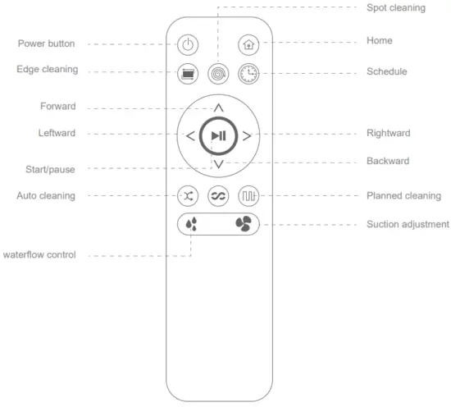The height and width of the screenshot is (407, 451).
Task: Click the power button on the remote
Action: [x=188, y=46]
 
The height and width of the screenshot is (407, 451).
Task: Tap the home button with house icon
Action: [x=248, y=46]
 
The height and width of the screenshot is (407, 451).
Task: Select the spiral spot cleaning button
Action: [x=217, y=73]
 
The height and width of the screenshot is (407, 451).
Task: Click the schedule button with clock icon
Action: [x=248, y=73]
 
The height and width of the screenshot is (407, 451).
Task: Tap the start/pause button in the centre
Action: [x=218, y=135]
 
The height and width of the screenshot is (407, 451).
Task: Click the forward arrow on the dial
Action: [x=218, y=108]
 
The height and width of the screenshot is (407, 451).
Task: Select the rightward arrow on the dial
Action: [x=247, y=136]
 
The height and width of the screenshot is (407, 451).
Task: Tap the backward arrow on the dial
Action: [x=218, y=164]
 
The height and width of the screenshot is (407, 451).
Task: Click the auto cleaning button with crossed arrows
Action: [x=188, y=196]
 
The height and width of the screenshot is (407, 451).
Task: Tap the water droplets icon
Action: [x=192, y=223]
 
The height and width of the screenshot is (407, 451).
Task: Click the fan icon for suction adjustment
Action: [x=244, y=223]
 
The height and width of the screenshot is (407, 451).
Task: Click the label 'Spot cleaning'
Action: [x=396, y=7]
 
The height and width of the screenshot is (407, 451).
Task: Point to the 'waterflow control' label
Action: [x=39, y=255]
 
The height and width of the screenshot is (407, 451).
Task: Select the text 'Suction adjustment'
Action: [x=408, y=224]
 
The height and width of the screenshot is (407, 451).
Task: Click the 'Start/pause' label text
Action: [x=51, y=169]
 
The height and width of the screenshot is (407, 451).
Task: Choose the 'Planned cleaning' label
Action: [x=403, y=196]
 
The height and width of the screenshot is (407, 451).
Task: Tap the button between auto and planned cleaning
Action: [x=217, y=196]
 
